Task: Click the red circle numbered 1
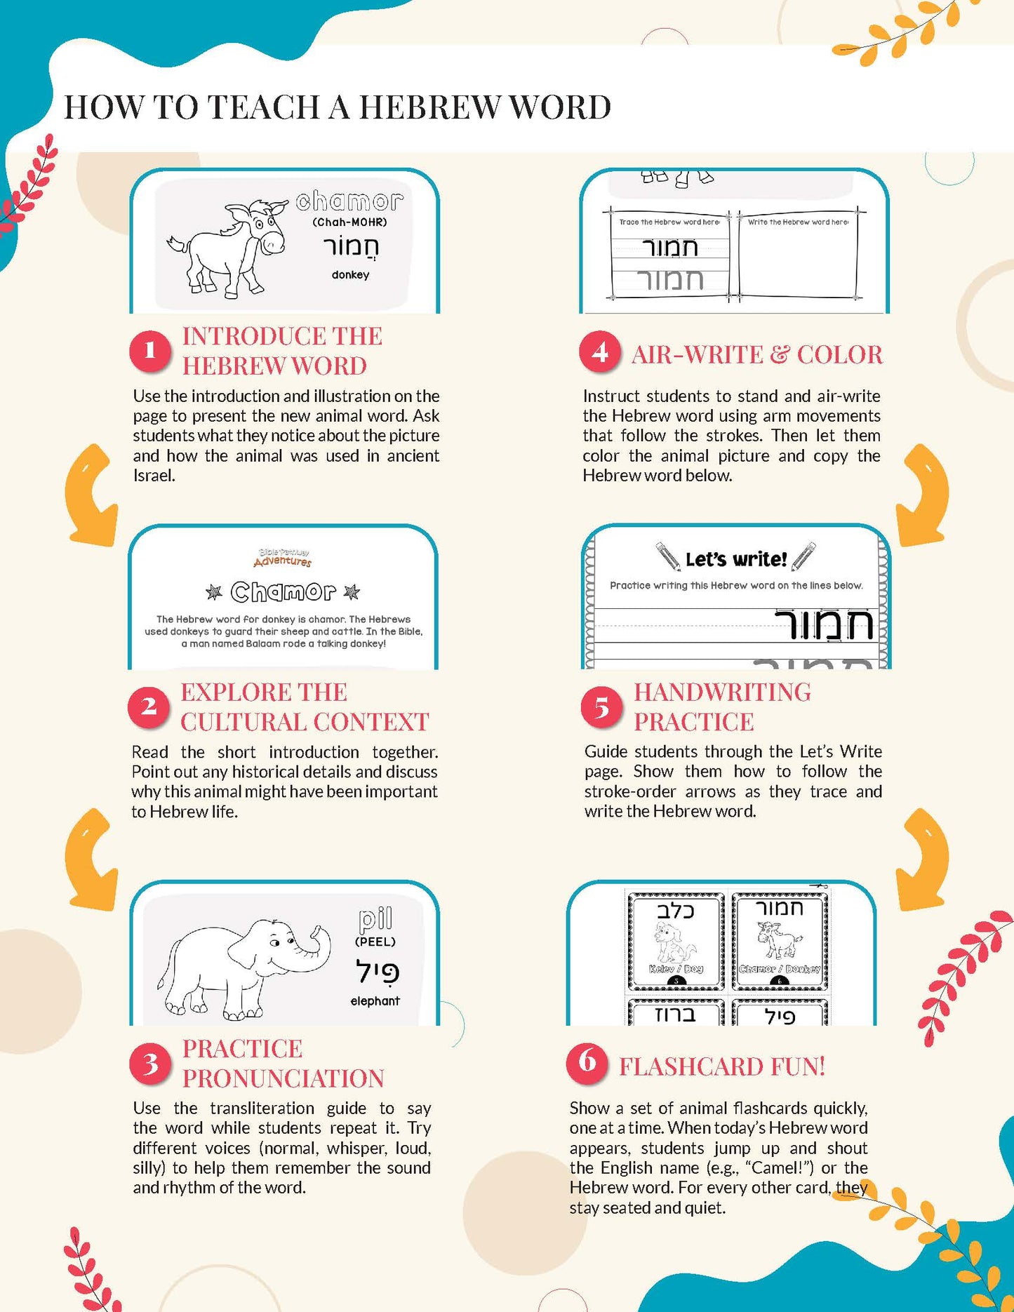[x=149, y=350]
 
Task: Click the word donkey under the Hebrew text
[x=350, y=275]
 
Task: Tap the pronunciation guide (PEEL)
[x=375, y=942]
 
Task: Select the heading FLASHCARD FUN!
[x=722, y=1066]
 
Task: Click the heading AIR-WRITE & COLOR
[x=757, y=355]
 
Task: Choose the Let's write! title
[x=735, y=559]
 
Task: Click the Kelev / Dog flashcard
[x=676, y=940]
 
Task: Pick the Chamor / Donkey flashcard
[x=780, y=940]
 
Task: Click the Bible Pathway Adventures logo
[x=283, y=558]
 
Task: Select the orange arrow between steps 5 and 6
[x=923, y=859]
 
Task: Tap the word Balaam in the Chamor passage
[x=263, y=643]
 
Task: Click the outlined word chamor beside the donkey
[x=349, y=202]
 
